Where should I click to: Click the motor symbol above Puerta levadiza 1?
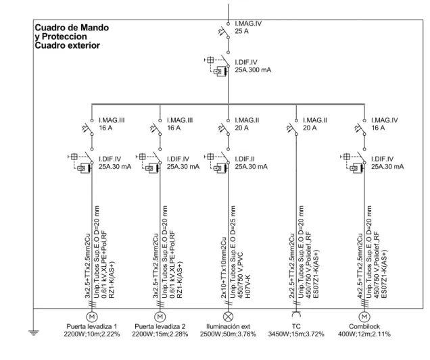(92, 317)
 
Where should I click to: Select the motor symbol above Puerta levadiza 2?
(160, 317)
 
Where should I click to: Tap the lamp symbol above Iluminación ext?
(228, 317)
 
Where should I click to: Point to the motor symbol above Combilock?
(364, 317)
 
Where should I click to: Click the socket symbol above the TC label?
(296, 313)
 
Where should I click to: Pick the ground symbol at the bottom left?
(33, 333)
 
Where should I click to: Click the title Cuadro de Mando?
(72, 28)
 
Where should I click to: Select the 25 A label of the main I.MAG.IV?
(241, 31)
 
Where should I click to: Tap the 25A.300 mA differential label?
(253, 70)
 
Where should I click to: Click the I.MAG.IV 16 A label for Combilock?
(385, 124)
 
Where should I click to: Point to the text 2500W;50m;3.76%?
(228, 334)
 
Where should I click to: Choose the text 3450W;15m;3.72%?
(296, 334)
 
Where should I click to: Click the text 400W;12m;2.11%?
(364, 334)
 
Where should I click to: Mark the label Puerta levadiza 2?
(160, 327)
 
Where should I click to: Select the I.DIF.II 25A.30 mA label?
(251, 163)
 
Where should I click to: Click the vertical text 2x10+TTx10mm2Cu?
(224, 267)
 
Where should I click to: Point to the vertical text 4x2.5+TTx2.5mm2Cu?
(360, 266)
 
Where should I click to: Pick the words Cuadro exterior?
(67, 45)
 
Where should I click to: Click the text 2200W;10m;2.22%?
(92, 334)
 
